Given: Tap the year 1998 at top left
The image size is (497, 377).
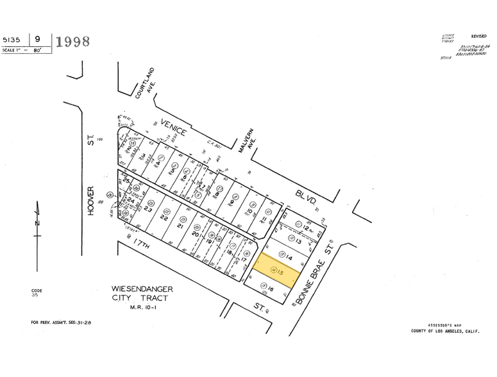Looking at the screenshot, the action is click(x=73, y=42).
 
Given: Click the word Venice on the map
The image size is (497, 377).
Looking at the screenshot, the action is click(x=174, y=128).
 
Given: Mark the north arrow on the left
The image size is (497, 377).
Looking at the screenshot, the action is click(x=37, y=221).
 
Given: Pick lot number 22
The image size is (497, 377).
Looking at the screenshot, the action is click(x=164, y=218).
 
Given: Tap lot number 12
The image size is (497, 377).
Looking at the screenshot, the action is click(x=307, y=228).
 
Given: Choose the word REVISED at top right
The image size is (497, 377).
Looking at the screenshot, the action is click(x=478, y=37).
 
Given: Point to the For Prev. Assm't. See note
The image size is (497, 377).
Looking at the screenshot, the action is click(x=61, y=322).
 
